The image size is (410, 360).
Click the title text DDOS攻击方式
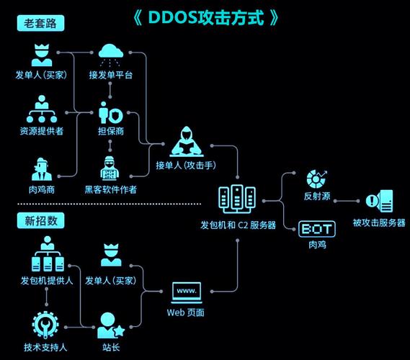pyautogui.click(x=205, y=18)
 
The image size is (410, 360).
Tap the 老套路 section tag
pyautogui.click(x=40, y=23)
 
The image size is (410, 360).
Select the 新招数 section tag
pyautogui.click(x=40, y=221)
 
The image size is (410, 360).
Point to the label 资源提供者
pyautogui.click(x=41, y=131)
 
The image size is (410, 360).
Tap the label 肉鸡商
pyautogui.click(x=41, y=190)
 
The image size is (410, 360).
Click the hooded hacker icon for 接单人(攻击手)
pyautogui.click(x=186, y=142)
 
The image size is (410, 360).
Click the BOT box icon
pyautogui.click(x=317, y=230)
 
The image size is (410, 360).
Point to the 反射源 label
pyautogui.click(x=317, y=196)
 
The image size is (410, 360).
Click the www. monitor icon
pyautogui.click(x=186, y=292)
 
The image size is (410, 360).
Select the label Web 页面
pyautogui.click(x=186, y=312)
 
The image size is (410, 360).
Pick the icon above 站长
pyautogui.click(x=110, y=325)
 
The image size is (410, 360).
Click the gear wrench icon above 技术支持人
pyautogui.click(x=45, y=325)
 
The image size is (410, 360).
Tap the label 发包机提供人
pyautogui.click(x=47, y=280)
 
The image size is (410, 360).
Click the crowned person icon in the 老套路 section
pyautogui.click(x=41, y=55)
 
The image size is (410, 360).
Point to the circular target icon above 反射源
pyautogui.click(x=316, y=178)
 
